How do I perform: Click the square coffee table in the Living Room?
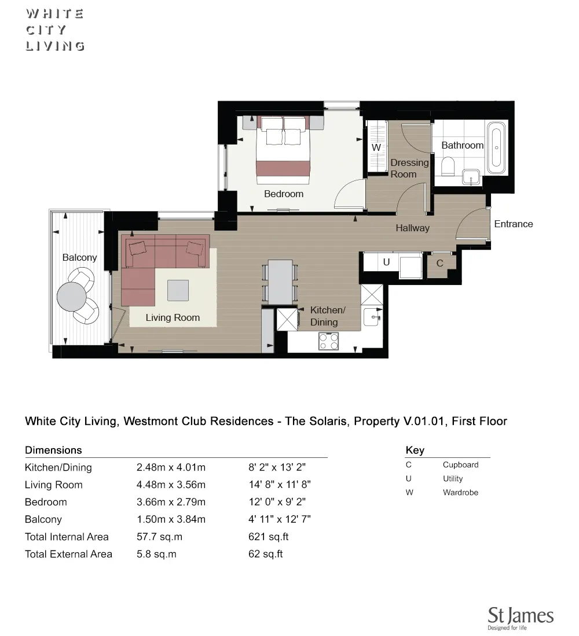tap(178, 290)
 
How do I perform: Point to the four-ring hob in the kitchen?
tap(328, 342)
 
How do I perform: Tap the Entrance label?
tap(513, 224)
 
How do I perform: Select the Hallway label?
tap(412, 228)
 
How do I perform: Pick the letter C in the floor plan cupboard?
tap(439, 264)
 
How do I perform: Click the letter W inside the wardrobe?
tap(376, 147)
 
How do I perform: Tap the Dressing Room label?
tap(409, 168)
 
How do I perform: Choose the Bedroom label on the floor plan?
tap(284, 194)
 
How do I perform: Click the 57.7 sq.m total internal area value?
tap(159, 537)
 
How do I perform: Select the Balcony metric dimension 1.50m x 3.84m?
tap(171, 519)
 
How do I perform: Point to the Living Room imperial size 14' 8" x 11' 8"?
tap(280, 485)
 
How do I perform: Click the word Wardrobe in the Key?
tap(460, 493)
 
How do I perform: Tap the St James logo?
tap(520, 617)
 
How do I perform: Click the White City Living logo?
tap(55, 30)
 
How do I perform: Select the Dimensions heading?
tap(53, 450)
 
